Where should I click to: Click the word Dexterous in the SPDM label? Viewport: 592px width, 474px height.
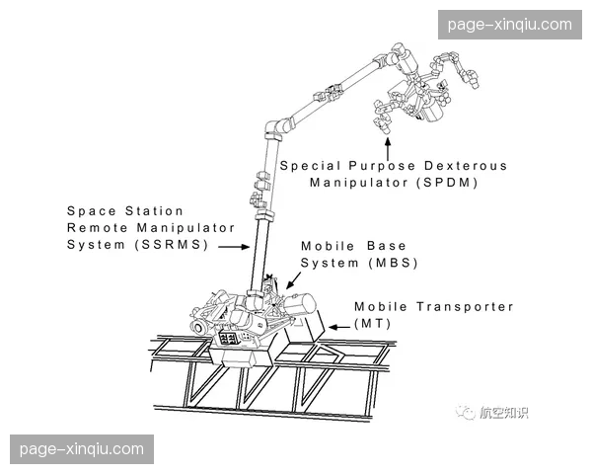[x=465, y=166]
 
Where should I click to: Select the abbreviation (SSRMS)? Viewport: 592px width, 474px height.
[x=172, y=245]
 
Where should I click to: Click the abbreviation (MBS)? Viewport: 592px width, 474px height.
[x=394, y=263]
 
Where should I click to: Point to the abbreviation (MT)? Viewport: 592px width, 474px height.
[x=373, y=324]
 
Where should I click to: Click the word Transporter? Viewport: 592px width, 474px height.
[x=465, y=306]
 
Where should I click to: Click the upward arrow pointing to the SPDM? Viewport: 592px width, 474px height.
[x=388, y=149]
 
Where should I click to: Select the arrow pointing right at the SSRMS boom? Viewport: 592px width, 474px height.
[x=234, y=247]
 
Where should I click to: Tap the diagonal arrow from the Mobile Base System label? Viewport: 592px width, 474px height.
[x=293, y=280]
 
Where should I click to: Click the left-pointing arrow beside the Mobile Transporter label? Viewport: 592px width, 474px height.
[x=339, y=327]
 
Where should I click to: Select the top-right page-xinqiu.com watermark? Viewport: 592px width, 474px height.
[x=510, y=25]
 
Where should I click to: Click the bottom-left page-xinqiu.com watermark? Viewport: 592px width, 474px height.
[x=82, y=449]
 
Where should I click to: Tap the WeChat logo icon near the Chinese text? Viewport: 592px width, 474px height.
[x=465, y=412]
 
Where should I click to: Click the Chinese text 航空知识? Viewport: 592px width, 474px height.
[x=503, y=413]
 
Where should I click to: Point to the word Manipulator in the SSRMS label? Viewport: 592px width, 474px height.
[x=185, y=228]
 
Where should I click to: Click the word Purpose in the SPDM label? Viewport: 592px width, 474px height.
[x=382, y=166]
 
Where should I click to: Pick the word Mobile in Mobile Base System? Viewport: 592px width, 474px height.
[x=328, y=246]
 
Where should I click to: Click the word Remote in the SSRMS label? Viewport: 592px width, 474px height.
[x=97, y=228]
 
